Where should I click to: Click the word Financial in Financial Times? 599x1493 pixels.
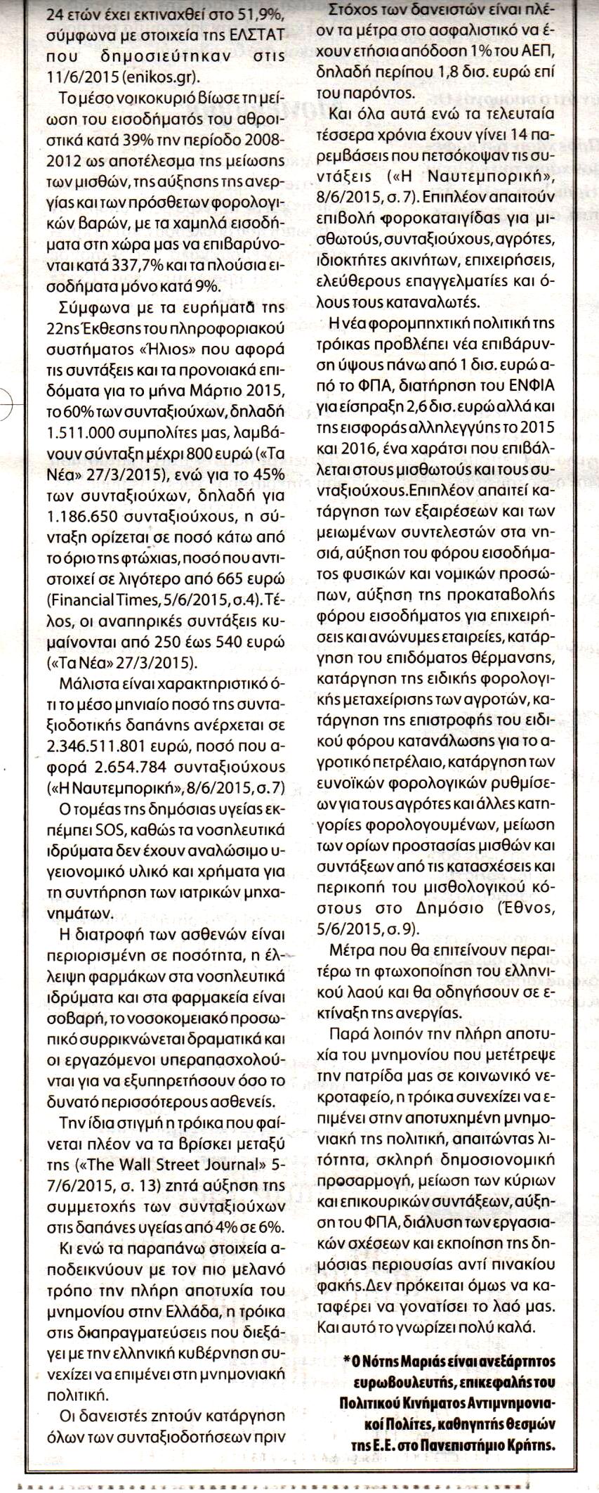click(78, 600)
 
